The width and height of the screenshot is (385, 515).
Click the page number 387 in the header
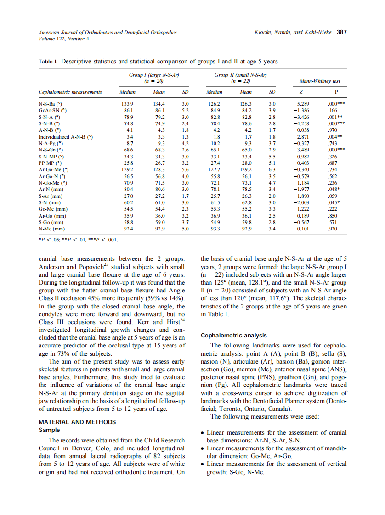pos(342,32)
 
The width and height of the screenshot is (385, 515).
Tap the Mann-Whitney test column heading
pos(320,81)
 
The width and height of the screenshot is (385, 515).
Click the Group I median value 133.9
pos(126,104)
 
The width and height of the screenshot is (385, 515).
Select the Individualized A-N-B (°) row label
pos(66,136)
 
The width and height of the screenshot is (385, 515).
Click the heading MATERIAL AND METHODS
pos(77,422)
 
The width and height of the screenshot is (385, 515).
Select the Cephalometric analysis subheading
pos(234,335)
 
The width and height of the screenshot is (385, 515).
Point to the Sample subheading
pos(49,430)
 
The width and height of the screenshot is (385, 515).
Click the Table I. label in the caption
pos(48,61)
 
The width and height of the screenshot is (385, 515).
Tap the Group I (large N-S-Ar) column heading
pos(154,75)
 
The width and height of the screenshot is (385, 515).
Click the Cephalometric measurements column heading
pos(70,92)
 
